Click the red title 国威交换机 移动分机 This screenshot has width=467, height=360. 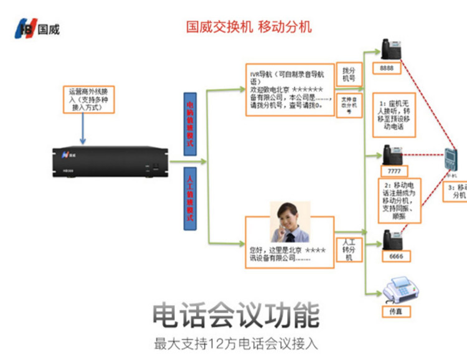point(249,27)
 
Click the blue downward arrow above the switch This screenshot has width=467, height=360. point(83,127)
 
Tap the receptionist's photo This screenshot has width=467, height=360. point(290,221)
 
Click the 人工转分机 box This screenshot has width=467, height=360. point(349,249)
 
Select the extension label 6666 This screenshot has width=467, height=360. point(394,257)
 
